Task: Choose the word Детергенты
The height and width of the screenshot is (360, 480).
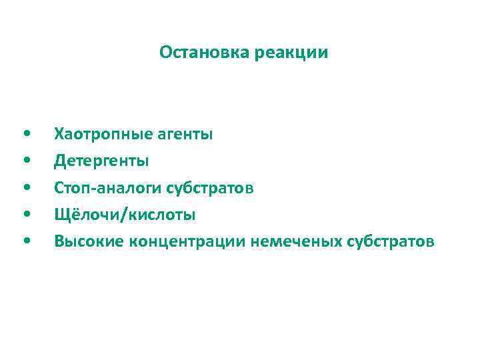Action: [102, 161]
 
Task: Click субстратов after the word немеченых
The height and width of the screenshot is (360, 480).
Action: [391, 241]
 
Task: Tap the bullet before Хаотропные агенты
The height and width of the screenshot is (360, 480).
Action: [25, 134]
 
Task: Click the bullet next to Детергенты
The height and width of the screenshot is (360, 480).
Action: [25, 161]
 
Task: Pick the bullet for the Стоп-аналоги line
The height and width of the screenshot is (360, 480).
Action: [25, 188]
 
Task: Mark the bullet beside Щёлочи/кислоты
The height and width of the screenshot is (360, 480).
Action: [25, 215]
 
